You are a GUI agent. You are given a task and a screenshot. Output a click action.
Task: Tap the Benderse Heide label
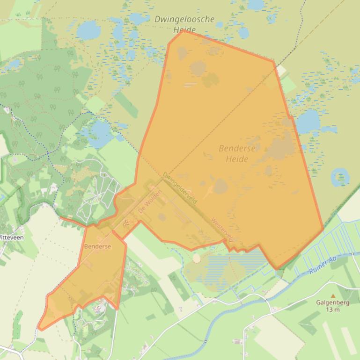point(237,154)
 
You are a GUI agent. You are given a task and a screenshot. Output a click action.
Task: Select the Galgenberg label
point(334,302)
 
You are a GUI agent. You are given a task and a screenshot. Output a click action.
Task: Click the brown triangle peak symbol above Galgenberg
point(333,295)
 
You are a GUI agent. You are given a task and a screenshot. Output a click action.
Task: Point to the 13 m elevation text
point(334,310)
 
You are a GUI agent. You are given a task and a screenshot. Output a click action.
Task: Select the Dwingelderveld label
point(180,187)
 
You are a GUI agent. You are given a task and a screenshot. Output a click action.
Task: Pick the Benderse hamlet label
point(97,246)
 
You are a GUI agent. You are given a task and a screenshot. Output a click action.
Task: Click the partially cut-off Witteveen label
point(12,237)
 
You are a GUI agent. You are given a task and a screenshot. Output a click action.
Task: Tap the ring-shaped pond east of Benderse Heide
point(340,177)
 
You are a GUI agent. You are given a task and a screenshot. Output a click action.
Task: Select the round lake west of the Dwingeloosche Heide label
point(88,31)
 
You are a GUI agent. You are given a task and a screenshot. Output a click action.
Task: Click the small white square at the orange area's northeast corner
point(281,71)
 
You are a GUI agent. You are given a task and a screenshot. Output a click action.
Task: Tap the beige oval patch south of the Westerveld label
point(197,258)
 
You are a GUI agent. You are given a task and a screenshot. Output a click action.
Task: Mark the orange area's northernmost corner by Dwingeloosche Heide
point(184,31)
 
